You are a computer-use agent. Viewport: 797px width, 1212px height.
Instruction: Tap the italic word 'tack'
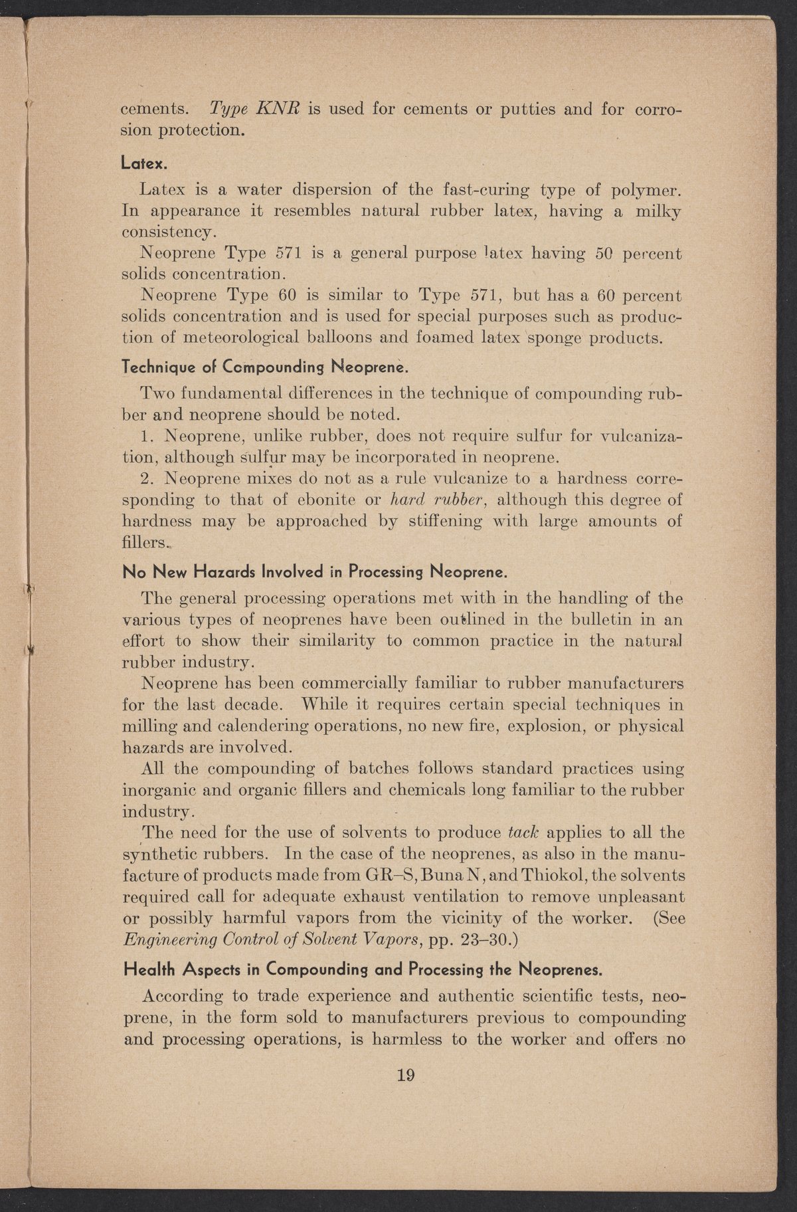coord(521,833)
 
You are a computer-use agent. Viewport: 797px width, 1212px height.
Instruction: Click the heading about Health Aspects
coord(363,969)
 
